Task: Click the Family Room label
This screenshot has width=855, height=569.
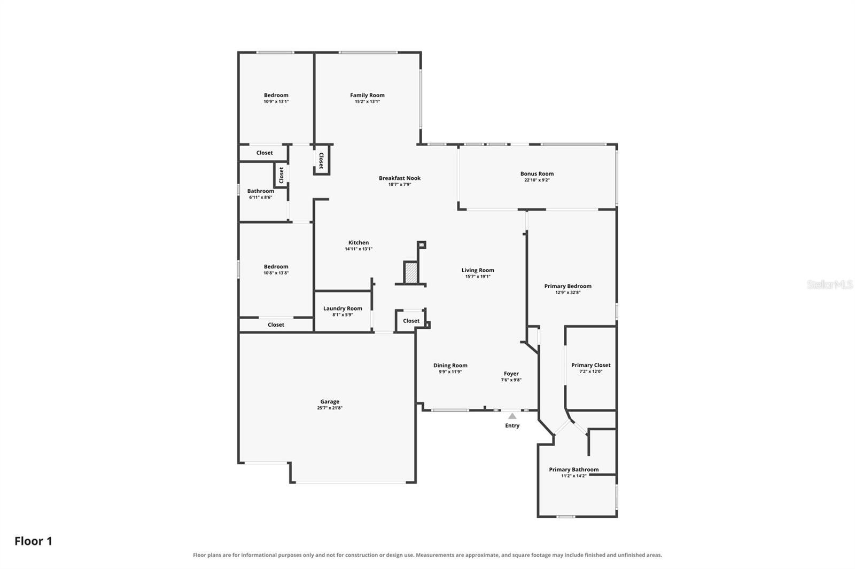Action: point(367,96)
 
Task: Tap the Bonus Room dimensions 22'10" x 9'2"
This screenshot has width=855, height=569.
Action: point(537,180)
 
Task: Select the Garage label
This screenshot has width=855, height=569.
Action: point(330,401)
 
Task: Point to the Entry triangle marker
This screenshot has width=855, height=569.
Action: point(512,416)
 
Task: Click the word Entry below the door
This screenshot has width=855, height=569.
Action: point(512,425)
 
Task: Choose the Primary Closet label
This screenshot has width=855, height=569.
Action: point(591,365)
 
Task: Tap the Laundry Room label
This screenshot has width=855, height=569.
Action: point(343,309)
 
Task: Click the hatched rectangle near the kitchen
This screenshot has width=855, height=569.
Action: point(410,273)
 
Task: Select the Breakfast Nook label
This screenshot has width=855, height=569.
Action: point(400,178)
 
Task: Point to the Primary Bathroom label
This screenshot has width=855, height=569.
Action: point(574,470)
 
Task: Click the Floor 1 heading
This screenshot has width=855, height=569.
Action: point(33,541)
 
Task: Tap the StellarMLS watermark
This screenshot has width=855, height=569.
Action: point(830,284)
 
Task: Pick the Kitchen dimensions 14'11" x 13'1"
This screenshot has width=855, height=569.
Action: point(359,249)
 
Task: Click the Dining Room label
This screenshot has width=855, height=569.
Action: point(450,365)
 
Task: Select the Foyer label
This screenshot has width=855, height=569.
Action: point(511,374)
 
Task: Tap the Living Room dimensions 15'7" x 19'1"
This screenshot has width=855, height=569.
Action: point(478,276)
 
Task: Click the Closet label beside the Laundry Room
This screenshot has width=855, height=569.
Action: point(411,321)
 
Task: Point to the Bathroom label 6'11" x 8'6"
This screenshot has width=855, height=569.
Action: point(261,191)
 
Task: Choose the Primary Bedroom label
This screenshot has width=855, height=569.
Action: point(568,287)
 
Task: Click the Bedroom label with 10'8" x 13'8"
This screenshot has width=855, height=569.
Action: point(276,266)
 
